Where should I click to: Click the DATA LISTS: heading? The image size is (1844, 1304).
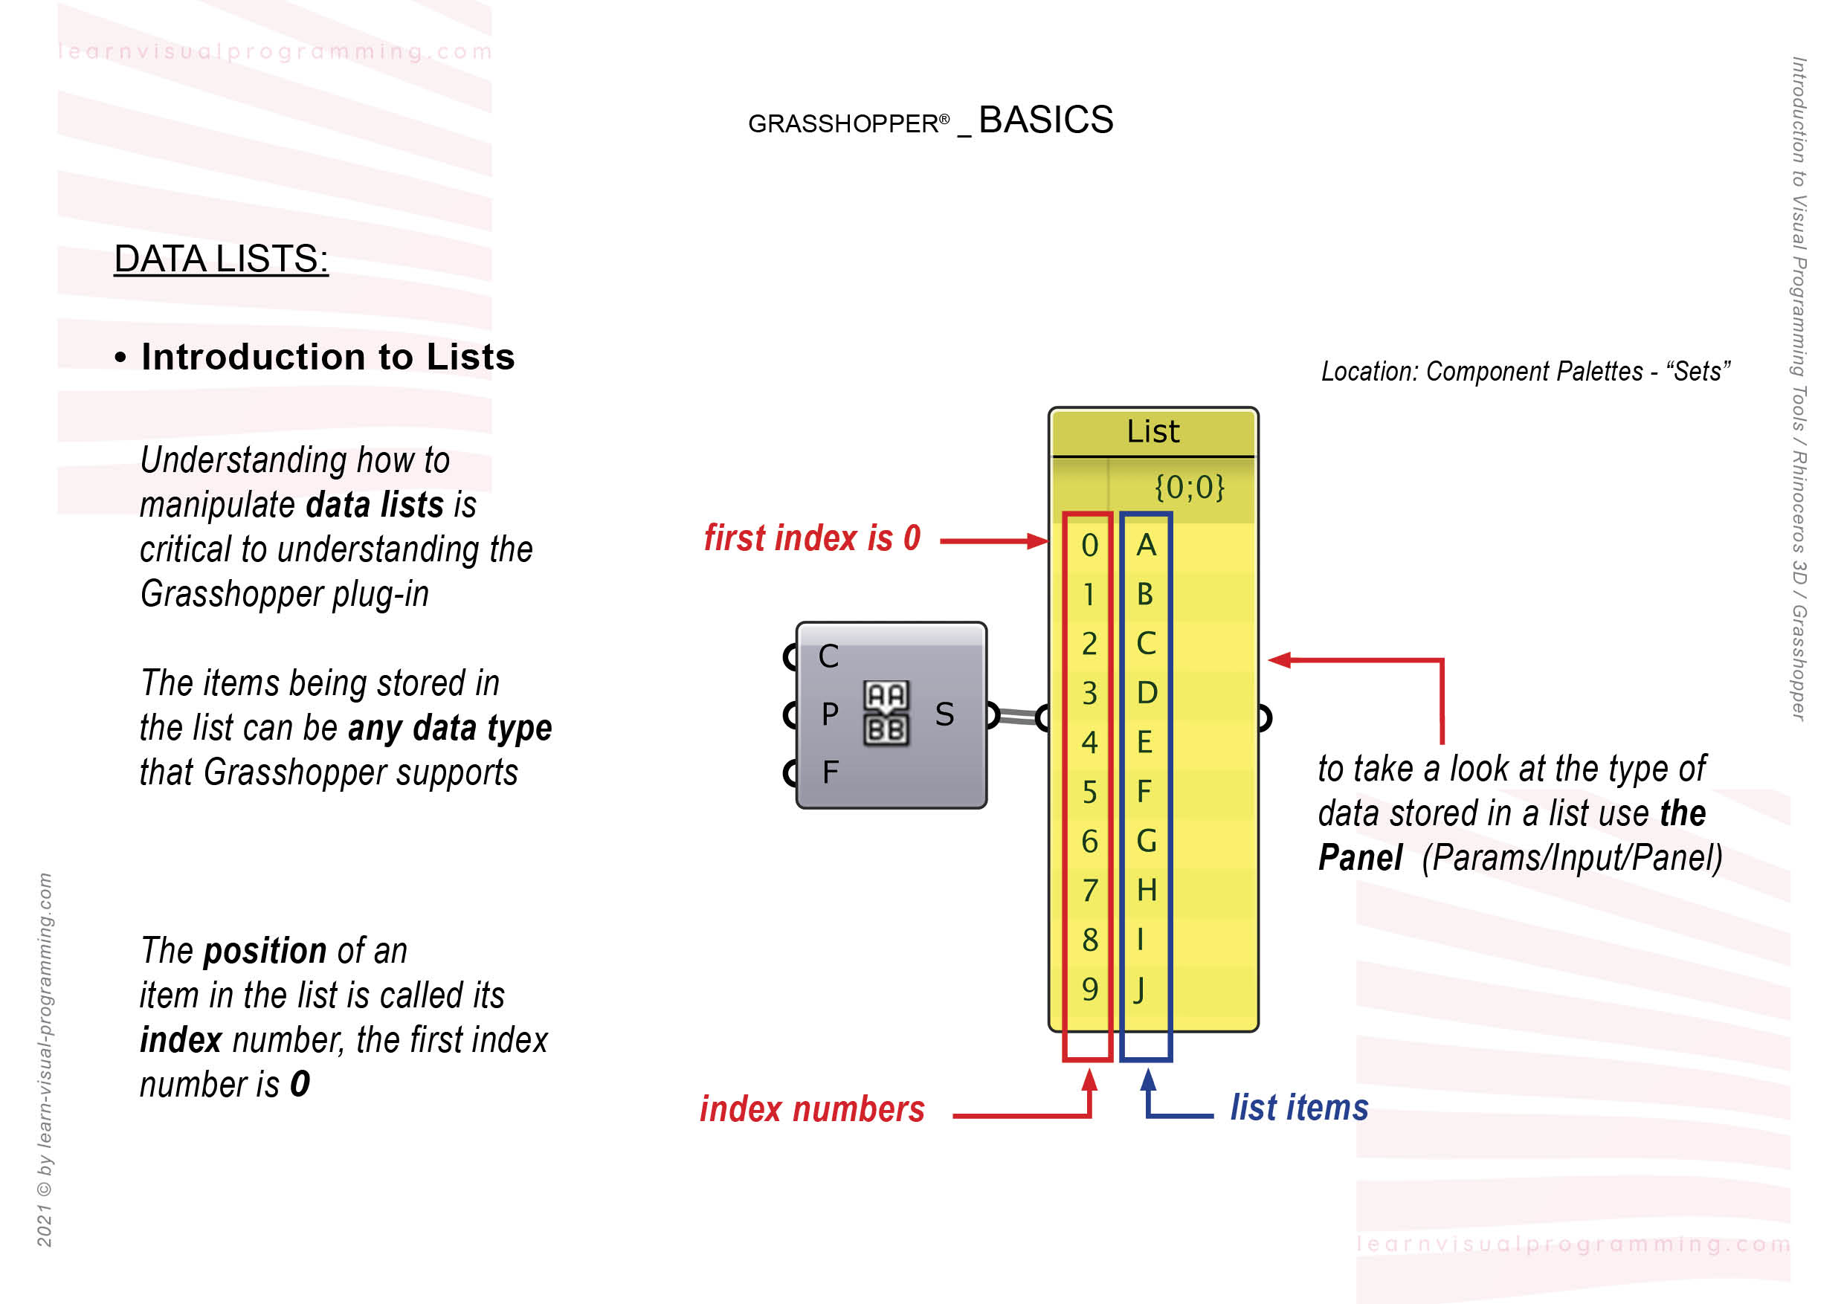(221, 259)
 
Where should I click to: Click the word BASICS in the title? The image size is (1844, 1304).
(1045, 120)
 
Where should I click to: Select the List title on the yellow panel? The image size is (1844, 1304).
(1152, 432)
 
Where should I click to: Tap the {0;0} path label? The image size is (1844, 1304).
(1189, 488)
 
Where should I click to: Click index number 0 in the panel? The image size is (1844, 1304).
(1089, 546)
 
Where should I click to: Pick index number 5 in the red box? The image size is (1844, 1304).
(1089, 793)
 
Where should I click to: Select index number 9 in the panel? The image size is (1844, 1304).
(1089, 990)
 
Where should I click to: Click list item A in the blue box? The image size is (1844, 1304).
(1146, 546)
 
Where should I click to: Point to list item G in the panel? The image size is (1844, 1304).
(1146, 842)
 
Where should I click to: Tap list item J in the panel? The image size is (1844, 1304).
(1140, 990)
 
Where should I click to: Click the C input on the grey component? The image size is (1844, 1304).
(828, 656)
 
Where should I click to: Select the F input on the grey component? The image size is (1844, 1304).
(830, 772)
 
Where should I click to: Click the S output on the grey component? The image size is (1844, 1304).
(944, 714)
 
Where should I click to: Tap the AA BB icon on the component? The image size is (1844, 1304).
(886, 713)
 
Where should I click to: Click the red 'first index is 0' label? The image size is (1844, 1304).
(812, 539)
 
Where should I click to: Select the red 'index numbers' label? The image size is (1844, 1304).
(812, 1110)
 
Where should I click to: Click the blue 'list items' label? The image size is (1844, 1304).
(1299, 1108)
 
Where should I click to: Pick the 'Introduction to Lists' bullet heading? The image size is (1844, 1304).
(328, 358)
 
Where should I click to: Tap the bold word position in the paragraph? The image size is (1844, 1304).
(265, 952)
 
